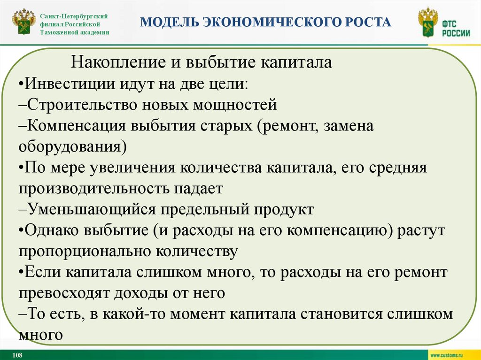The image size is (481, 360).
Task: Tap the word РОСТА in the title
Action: pyautogui.click(x=368, y=22)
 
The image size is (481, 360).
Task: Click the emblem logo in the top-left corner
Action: pyautogui.click(x=23, y=23)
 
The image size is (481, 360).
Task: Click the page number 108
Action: pyautogui.click(x=17, y=355)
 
